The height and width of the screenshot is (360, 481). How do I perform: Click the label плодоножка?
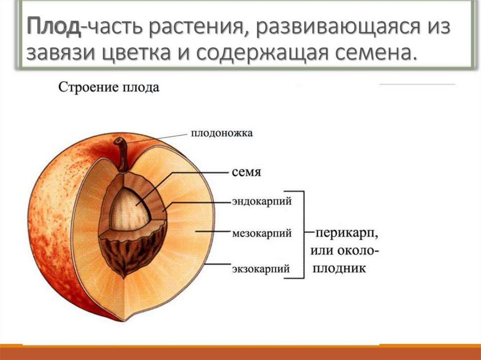tap(222, 133)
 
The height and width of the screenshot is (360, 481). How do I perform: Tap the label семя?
tap(246, 172)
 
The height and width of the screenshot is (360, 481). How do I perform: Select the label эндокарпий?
tap(262, 201)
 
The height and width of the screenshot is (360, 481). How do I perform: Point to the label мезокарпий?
tap(262, 233)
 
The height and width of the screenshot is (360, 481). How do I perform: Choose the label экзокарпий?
tap(261, 269)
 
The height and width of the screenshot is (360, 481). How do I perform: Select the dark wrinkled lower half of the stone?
tap(132, 251)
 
